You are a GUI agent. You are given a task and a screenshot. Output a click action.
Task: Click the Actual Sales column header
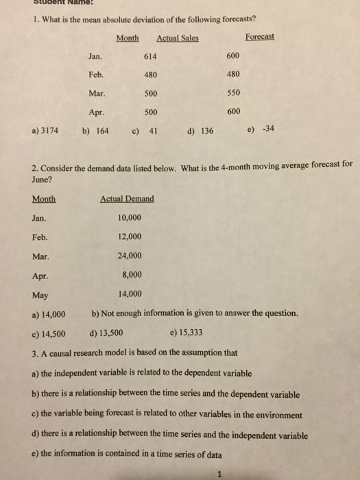tap(178, 38)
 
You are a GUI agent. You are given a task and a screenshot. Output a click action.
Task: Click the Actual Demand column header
tap(128, 199)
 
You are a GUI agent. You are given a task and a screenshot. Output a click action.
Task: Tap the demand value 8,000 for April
tap(132, 276)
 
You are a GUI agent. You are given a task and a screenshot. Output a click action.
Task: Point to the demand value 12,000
tap(130, 237)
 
